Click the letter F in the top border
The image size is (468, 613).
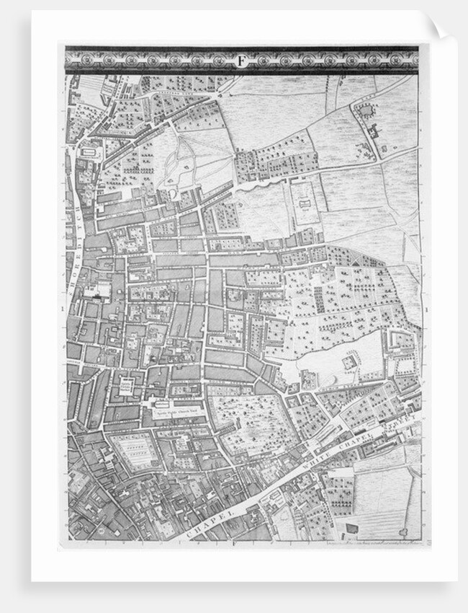coord(241,60)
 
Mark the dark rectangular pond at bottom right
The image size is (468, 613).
coord(352,528)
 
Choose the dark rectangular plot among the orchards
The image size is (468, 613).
coord(320,300)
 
